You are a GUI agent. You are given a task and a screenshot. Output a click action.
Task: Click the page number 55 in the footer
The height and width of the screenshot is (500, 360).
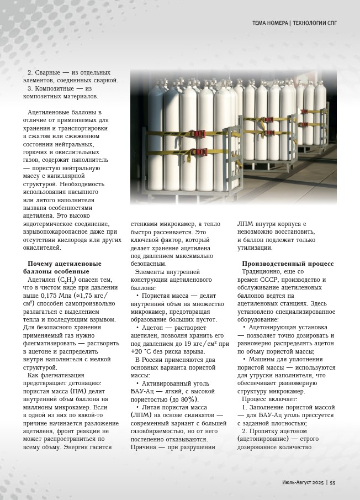333,482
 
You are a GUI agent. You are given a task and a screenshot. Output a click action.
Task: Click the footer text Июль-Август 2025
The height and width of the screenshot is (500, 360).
298,482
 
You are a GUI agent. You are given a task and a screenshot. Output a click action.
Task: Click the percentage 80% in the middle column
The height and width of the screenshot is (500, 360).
189,399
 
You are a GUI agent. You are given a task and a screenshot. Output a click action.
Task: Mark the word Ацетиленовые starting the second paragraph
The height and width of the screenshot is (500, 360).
51,112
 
